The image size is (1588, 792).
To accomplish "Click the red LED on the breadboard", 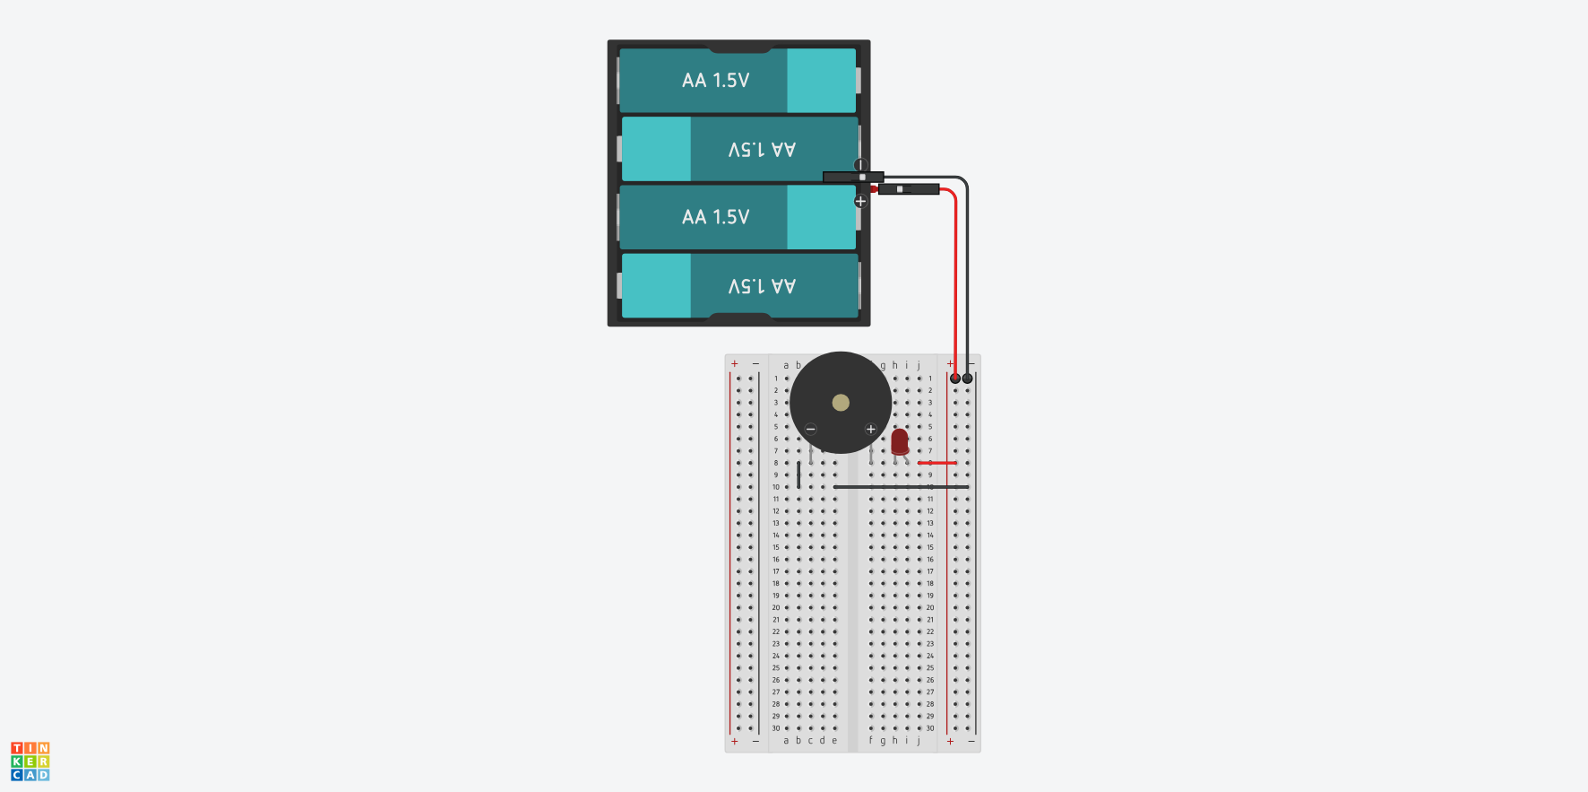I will (x=899, y=441).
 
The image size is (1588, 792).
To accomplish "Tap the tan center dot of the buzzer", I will (x=841, y=403).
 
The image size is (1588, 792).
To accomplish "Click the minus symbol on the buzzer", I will (x=811, y=429).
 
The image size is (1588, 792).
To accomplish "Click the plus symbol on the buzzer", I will (x=870, y=429).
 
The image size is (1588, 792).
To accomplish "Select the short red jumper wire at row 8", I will (x=937, y=463).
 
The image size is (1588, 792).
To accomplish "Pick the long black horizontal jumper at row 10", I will (x=901, y=487).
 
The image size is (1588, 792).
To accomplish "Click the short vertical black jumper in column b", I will (x=798, y=475).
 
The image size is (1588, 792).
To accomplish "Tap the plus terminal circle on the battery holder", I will (x=860, y=201).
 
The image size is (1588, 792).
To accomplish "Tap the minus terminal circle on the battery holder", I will (x=860, y=165).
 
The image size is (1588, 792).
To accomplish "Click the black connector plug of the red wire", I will (x=909, y=189).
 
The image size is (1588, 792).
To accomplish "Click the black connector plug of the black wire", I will (x=852, y=177).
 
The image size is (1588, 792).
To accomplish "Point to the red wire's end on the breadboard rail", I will (x=955, y=379).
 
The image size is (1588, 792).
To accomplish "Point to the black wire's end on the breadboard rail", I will (x=968, y=379).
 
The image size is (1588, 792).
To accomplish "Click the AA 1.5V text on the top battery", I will (x=715, y=81).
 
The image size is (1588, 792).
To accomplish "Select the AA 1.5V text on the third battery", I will (x=715, y=217).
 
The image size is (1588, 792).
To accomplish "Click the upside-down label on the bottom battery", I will (x=762, y=286).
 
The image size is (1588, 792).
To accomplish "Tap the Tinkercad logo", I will (x=30, y=762).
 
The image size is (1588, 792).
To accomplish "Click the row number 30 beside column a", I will (x=776, y=728).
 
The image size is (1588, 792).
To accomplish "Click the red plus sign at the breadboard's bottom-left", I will (x=735, y=742).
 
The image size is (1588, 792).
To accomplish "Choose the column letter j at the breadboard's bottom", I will (x=919, y=741).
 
